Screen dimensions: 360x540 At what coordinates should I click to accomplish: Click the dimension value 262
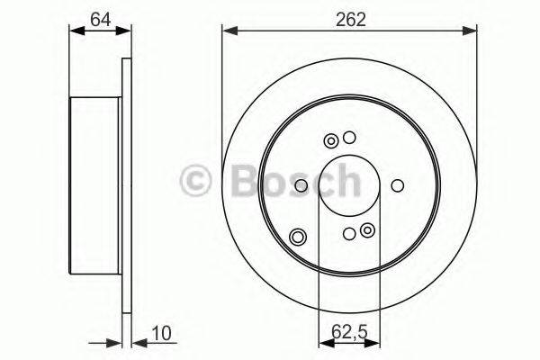point(351,20)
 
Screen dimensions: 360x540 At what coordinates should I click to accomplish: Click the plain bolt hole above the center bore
point(350,139)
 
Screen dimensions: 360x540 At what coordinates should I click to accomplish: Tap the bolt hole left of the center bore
point(301,186)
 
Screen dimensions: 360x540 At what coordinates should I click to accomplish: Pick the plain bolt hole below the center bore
point(349,234)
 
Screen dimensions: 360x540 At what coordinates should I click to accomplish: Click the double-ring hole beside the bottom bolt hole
point(367,232)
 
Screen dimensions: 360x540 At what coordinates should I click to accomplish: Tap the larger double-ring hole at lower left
point(298,238)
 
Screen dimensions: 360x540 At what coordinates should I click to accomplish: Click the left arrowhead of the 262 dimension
point(228,31)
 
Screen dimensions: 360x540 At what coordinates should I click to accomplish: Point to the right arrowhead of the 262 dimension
point(473,31)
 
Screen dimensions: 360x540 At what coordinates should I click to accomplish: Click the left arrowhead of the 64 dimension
point(74,31)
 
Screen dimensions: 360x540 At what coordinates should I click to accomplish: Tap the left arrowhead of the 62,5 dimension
point(323,341)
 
